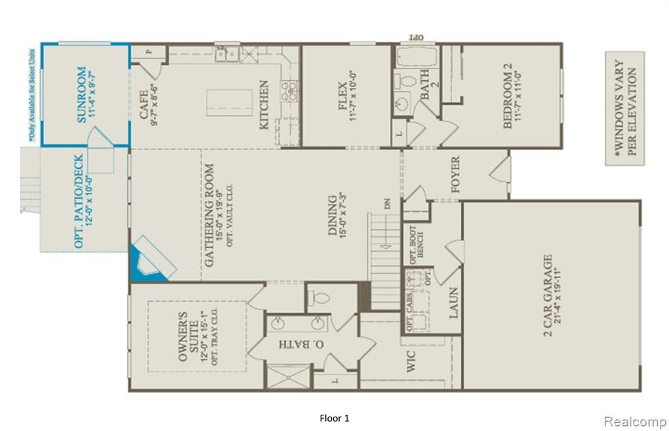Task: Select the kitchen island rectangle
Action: [x=229, y=103]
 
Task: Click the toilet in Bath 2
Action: [x=408, y=82]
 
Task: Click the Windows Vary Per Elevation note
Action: [x=625, y=108]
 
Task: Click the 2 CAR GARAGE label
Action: [x=547, y=294]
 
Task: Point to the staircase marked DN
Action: [x=385, y=251]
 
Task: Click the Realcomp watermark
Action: [x=634, y=422]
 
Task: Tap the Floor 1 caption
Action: [x=334, y=418]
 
